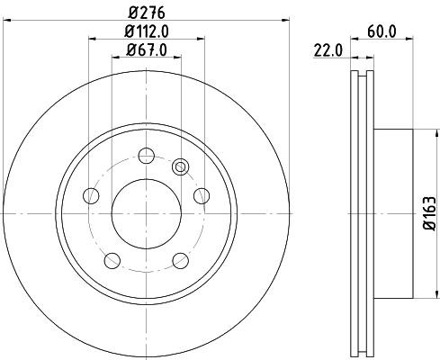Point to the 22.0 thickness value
coord(328,49)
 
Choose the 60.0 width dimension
coord(382,31)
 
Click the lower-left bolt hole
coord(112,259)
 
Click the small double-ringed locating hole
coord(179,166)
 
